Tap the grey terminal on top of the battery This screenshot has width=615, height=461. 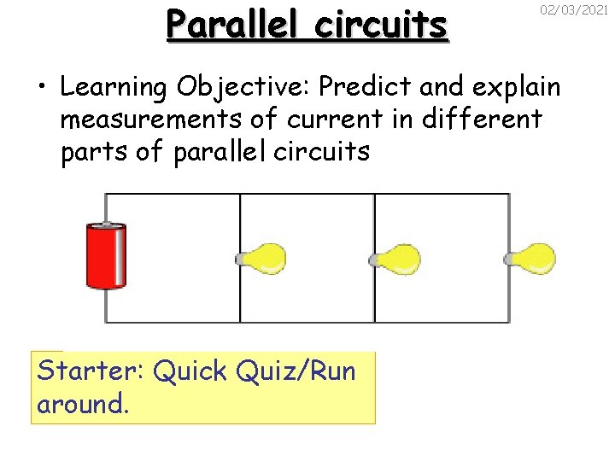(x=107, y=225)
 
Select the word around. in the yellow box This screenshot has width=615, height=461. (x=82, y=404)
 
